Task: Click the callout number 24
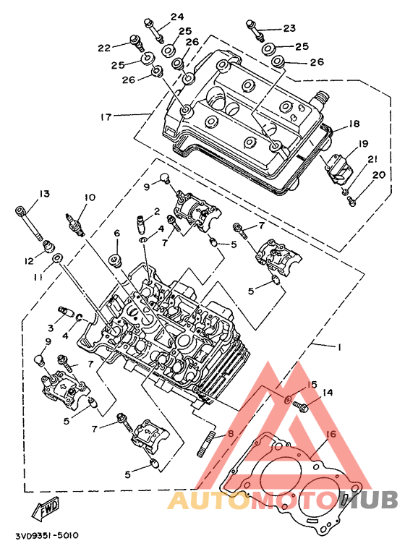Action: click(177, 17)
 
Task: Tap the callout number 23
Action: click(289, 28)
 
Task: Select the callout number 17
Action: click(106, 116)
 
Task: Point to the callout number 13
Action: click(44, 194)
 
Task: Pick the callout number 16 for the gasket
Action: click(331, 434)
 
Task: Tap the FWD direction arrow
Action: click(46, 508)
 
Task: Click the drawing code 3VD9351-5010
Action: click(47, 535)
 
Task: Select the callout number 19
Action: click(363, 143)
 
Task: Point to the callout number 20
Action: click(379, 174)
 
